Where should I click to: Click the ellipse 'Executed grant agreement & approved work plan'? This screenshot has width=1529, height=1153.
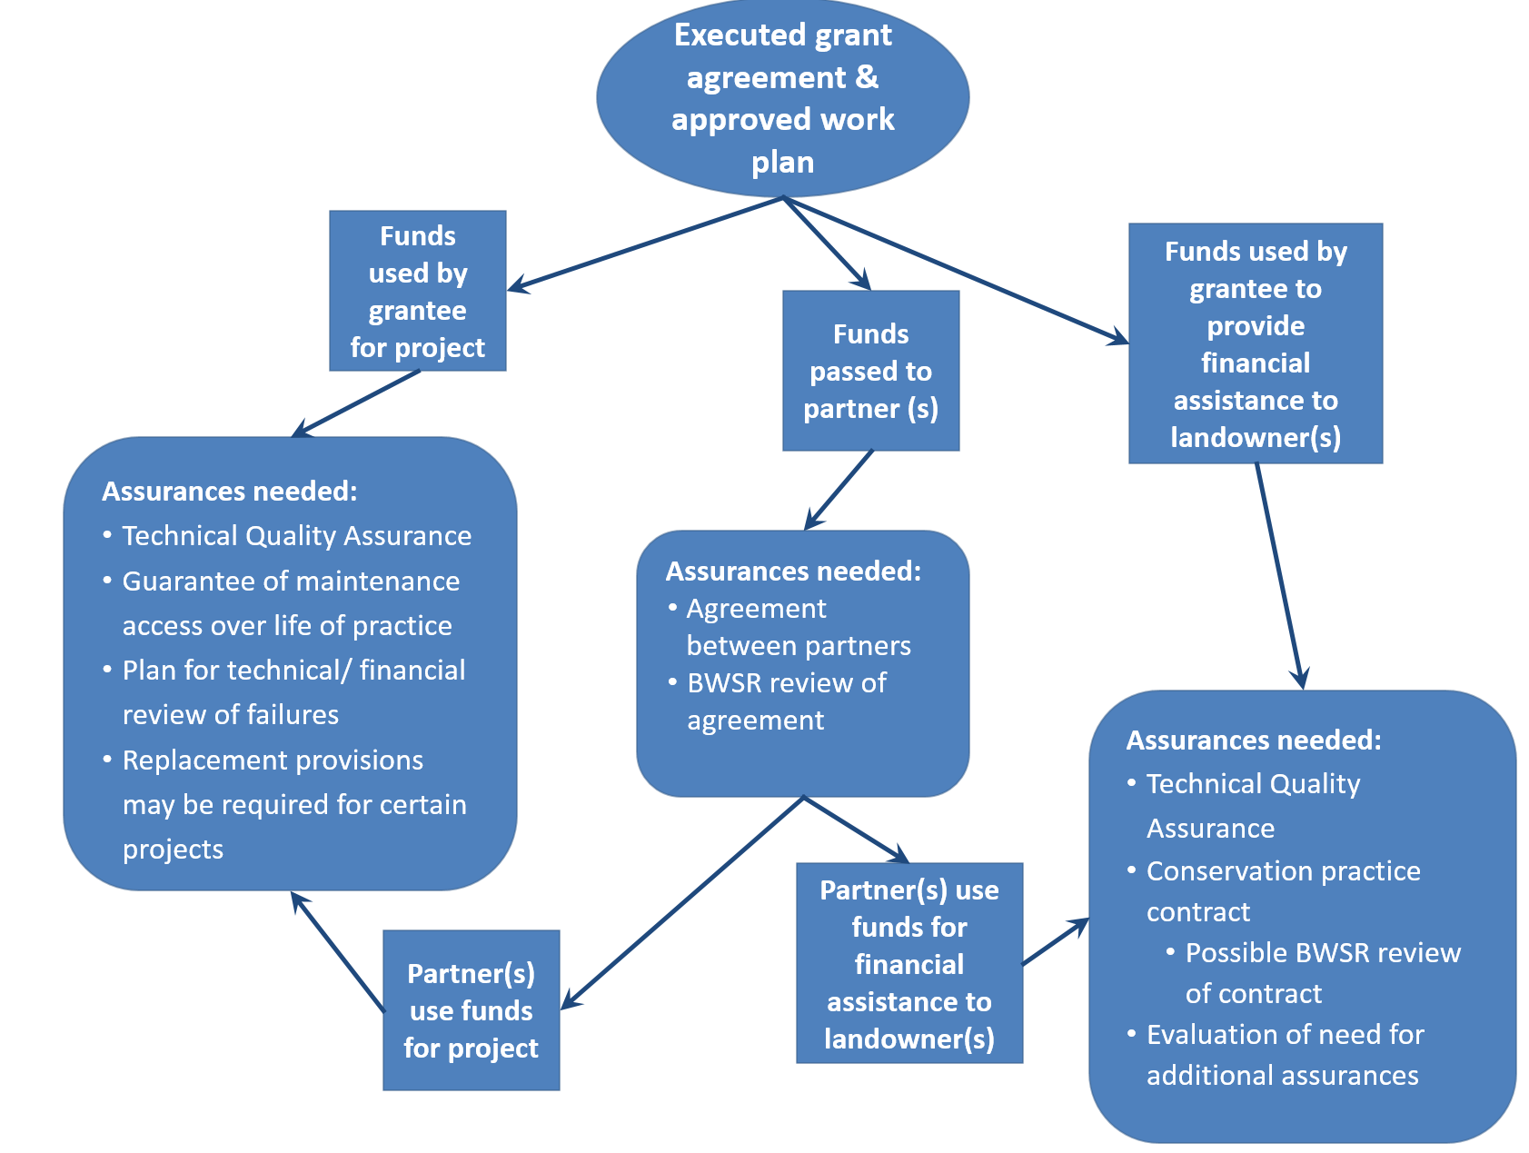(782, 98)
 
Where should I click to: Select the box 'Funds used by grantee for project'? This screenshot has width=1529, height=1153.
(417, 291)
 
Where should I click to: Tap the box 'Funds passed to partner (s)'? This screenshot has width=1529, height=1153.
(870, 371)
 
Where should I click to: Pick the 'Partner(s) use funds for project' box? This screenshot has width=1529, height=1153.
(471, 1010)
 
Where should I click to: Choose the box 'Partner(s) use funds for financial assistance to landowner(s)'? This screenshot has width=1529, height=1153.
(908, 963)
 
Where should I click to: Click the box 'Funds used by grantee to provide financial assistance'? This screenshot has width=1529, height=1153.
(1256, 343)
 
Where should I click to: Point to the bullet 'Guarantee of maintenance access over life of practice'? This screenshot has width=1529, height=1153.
(290, 603)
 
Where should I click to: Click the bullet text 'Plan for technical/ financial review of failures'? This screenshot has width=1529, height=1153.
(293, 692)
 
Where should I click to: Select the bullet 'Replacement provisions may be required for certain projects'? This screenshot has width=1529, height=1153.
(293, 804)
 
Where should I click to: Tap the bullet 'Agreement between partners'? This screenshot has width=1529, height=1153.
(798, 627)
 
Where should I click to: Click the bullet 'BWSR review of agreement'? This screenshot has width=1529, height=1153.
(786, 701)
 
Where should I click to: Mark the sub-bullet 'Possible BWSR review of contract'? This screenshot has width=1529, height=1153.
(1322, 973)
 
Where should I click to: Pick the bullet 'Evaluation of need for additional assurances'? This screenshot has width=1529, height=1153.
(1284, 1055)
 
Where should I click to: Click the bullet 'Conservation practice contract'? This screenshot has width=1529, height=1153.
(1282, 891)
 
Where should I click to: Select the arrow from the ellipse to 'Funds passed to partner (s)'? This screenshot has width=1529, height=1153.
(827, 244)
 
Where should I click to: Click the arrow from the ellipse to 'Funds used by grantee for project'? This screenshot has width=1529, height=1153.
(645, 244)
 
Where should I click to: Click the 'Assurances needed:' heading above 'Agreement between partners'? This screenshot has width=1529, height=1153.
(793, 572)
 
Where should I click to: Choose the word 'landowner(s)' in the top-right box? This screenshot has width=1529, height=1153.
(1256, 438)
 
